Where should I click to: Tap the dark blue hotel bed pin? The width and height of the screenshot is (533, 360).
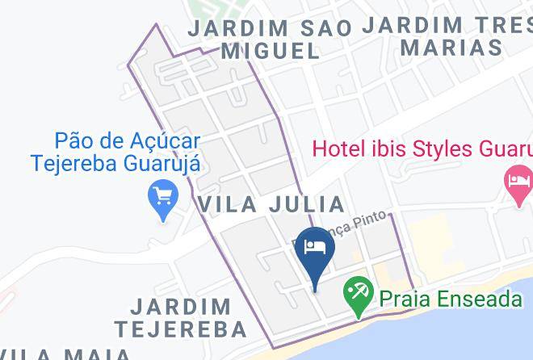pos(313,245)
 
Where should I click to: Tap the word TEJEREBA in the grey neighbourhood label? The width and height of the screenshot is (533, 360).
pos(180,329)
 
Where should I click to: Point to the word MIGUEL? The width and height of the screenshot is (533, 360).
pos(271,51)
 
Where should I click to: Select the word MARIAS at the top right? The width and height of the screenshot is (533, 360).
pos(451,47)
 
